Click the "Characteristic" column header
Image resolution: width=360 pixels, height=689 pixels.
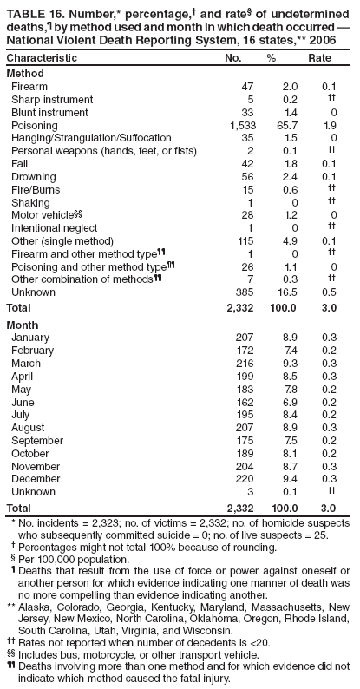coord(42,57)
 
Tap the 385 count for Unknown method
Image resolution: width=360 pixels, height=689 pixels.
coord(243,292)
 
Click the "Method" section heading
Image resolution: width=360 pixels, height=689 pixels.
coord(24,74)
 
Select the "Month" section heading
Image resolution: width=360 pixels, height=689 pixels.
coord(22,323)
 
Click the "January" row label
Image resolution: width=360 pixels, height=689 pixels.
coord(30,337)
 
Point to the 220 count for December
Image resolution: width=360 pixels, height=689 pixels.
coord(244,478)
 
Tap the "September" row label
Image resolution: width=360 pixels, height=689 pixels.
coord(38,439)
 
